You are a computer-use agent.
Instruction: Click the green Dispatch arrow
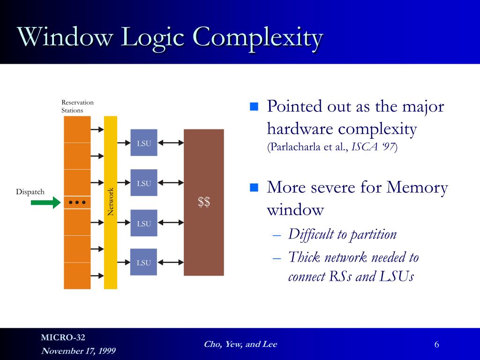click(45, 202)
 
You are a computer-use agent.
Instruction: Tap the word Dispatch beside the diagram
click(30, 192)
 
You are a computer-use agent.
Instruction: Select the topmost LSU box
click(144, 142)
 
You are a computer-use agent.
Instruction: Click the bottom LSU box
click(144, 262)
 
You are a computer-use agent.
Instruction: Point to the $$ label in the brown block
click(203, 202)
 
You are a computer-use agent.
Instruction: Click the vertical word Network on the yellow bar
click(111, 202)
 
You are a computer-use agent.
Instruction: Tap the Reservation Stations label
click(77, 106)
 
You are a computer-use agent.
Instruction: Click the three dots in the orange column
click(77, 202)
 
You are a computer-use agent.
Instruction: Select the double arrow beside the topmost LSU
click(171, 142)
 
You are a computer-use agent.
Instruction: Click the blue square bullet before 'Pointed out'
click(254, 106)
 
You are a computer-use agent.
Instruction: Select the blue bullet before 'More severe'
click(254, 188)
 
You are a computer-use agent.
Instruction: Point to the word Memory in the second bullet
click(417, 187)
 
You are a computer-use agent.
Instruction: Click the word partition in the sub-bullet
click(375, 234)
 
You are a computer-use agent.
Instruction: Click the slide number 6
click(436, 345)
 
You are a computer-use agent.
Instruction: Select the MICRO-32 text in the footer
click(63, 337)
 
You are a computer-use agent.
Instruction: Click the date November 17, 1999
click(78, 351)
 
